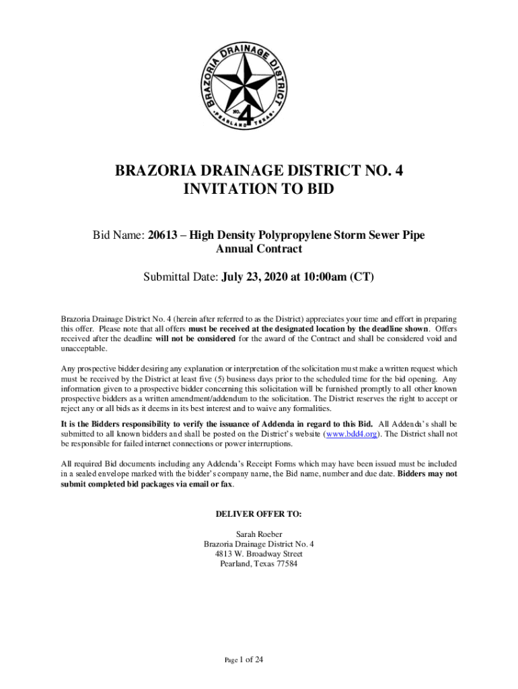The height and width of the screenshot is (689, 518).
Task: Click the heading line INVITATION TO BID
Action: (259, 190)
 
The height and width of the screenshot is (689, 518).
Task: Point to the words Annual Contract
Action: (259, 249)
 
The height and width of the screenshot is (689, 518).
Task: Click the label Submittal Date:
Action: (180, 277)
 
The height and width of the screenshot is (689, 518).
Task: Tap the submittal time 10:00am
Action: (324, 277)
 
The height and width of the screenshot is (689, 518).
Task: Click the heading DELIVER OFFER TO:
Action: (259, 514)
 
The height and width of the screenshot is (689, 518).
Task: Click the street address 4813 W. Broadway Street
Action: (259, 554)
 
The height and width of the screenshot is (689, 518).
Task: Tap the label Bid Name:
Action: (118, 235)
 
